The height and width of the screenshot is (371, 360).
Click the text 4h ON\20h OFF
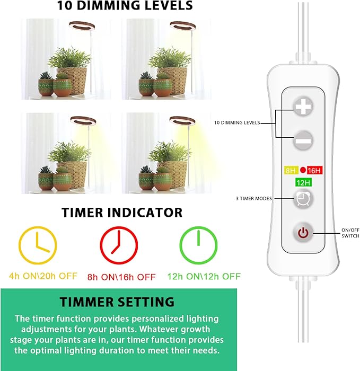pyautogui.click(x=43, y=276)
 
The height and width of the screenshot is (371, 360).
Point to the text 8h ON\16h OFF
pyautogui.click(x=121, y=276)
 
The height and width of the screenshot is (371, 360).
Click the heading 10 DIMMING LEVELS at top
pyautogui.click(x=126, y=7)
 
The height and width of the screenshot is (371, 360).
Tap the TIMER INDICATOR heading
pyautogui.click(x=122, y=213)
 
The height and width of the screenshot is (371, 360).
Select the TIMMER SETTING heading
pyautogui.click(x=117, y=302)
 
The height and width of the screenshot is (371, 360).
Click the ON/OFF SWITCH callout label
pyautogui.click(x=350, y=233)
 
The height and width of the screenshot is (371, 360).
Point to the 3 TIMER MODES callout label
pyautogui.click(x=253, y=199)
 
